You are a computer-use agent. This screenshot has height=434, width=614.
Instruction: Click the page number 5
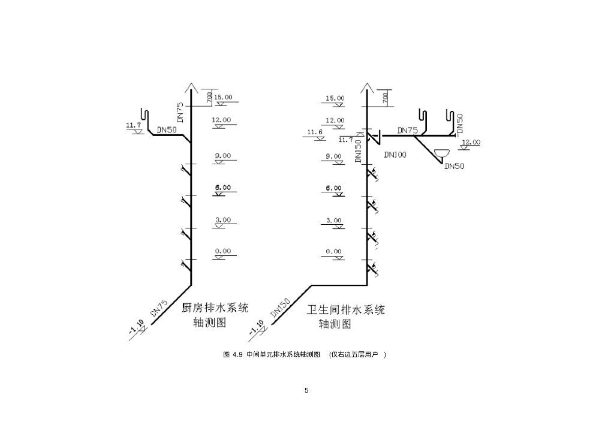point(306,391)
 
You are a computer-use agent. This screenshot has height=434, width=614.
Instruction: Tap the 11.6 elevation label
point(315,132)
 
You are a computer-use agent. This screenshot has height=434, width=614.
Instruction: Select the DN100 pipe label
point(395,155)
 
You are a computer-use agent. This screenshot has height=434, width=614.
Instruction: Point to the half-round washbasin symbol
point(442,153)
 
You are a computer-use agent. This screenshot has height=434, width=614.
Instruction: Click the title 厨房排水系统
point(215,309)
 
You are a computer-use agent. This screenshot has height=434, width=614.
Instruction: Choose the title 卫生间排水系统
point(346,310)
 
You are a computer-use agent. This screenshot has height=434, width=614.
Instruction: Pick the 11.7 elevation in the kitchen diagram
point(133,125)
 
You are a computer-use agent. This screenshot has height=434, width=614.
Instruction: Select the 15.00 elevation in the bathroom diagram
point(335,98)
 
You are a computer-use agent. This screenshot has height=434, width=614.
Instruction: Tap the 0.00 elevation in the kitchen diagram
point(222,252)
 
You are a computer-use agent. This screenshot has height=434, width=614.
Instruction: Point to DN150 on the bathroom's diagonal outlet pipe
point(281,308)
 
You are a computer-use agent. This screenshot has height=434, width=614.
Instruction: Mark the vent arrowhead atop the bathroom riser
point(367,88)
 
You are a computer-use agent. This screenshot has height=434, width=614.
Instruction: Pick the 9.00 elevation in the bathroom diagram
point(333,156)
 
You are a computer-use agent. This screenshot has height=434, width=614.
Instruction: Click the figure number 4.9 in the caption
point(236,355)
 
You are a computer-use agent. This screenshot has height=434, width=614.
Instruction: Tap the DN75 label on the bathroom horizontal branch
point(407,130)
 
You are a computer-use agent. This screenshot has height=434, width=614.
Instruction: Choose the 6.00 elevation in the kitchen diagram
point(222,188)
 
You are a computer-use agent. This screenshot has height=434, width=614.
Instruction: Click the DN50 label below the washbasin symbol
point(454,167)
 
